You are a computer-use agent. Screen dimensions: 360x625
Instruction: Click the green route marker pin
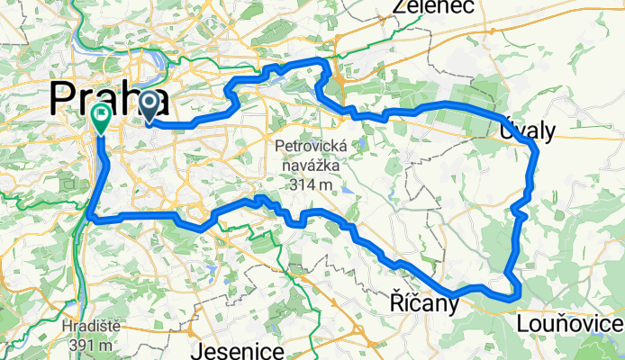(x=100, y=118)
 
